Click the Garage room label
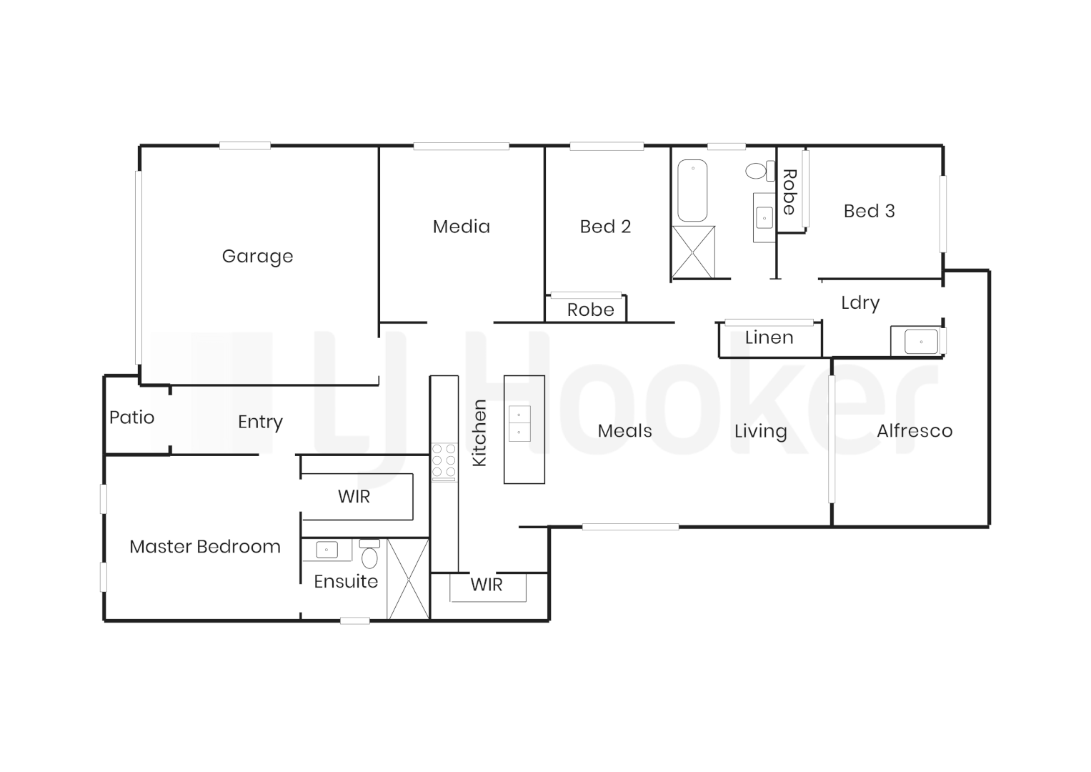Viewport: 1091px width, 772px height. coord(257,256)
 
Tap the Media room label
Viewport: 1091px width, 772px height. coord(462,227)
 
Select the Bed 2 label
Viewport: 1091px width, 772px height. coord(605,227)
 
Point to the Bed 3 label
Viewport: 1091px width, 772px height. coord(869,211)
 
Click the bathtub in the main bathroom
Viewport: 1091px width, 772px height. coord(692,190)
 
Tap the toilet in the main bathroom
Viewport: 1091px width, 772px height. coord(758,171)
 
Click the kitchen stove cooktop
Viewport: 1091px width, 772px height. coord(444,462)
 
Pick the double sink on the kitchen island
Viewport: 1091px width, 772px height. coord(519,423)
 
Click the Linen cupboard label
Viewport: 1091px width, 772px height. coord(769,337)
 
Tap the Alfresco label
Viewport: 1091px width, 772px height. coord(915,431)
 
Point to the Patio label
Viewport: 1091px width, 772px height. coord(131,417)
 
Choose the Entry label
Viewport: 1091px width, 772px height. coord(260,422)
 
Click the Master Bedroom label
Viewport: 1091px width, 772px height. coord(205,547)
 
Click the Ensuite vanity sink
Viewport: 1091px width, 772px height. coord(327,550)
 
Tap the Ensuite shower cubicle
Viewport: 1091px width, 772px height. coord(408,579)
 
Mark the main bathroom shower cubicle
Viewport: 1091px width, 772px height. coord(693,252)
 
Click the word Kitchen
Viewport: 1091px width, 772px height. coord(479,433)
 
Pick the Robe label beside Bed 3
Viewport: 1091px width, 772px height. coord(789,192)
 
